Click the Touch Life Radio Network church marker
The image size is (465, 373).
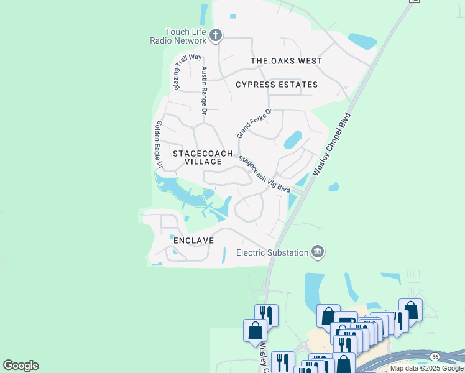(x=215, y=35)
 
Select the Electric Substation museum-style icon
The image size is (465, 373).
(x=318, y=251)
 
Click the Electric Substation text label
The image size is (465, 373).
(x=272, y=252)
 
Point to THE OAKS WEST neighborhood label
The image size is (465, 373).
(x=286, y=61)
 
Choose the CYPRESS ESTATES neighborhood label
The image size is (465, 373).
(x=277, y=85)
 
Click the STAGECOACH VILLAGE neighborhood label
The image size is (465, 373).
(x=202, y=157)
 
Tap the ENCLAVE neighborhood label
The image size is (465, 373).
(x=193, y=241)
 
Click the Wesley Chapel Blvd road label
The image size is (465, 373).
(x=333, y=144)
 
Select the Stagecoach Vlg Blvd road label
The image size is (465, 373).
(x=265, y=173)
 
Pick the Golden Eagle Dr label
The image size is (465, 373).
(x=158, y=145)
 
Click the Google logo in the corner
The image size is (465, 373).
(x=21, y=366)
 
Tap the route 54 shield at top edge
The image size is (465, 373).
(x=414, y=1)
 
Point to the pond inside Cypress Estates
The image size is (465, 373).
(x=292, y=139)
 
